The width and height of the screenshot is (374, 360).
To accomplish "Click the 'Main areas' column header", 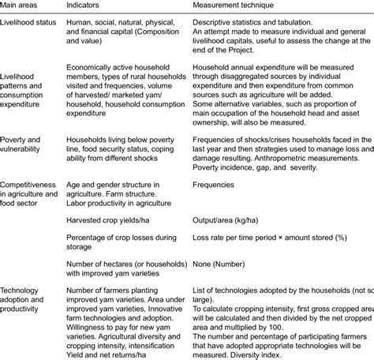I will (x=23, y=5).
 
